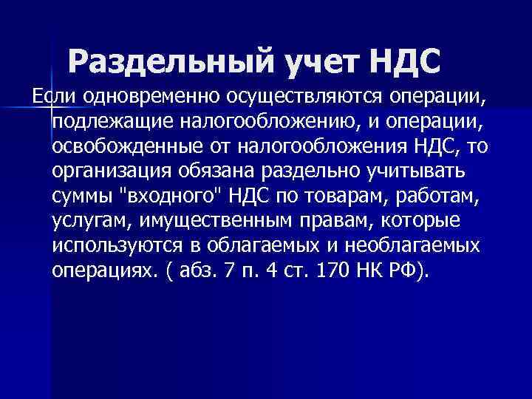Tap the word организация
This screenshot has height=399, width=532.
pos(111,171)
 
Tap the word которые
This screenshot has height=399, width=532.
pos(420,220)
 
